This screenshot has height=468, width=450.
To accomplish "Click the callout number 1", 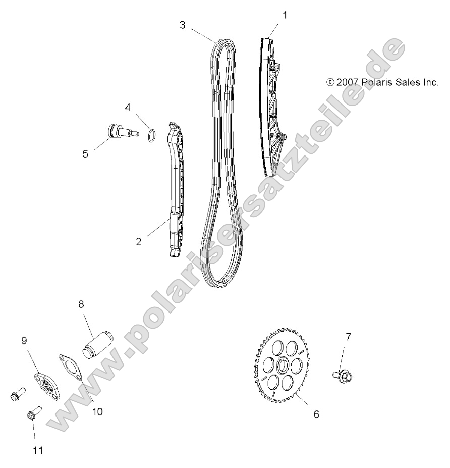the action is pyautogui.click(x=285, y=15).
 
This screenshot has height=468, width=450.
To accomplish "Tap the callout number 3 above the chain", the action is pyautogui.click(x=182, y=24).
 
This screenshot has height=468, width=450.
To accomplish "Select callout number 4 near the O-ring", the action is pyautogui.click(x=128, y=107).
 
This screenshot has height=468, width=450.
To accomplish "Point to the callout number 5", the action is pyautogui.click(x=85, y=153).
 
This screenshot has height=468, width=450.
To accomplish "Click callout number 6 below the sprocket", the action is pyautogui.click(x=316, y=414).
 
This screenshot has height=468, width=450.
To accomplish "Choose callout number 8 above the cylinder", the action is pyautogui.click(x=81, y=304).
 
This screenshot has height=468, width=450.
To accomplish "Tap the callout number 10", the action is pyautogui.click(x=97, y=411).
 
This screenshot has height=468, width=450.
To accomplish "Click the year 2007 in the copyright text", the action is pyautogui.click(x=348, y=82).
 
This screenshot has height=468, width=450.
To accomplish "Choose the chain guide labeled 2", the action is pyautogui.click(x=174, y=192).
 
